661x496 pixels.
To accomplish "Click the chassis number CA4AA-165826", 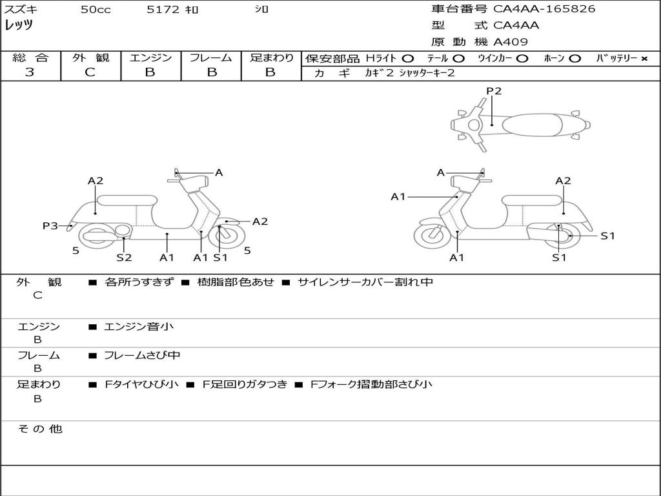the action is (x=544, y=9).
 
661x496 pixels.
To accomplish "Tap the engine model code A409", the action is (x=511, y=42).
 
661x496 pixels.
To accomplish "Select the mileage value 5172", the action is (x=163, y=9).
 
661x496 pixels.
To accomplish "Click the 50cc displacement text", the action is (x=96, y=9).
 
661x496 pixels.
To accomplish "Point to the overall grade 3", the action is (x=30, y=72).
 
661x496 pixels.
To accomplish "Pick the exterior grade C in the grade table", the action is (x=90, y=72).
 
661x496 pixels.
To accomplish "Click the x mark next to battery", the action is (x=644, y=59).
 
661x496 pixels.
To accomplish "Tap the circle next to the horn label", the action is (x=575, y=59).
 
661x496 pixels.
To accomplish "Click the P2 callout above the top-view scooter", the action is (x=494, y=90).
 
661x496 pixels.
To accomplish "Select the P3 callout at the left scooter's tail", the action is (x=50, y=225).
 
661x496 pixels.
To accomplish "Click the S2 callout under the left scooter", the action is (x=124, y=257).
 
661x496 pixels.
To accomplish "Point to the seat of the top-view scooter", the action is (x=532, y=125).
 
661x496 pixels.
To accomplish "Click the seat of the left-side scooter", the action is (x=127, y=200).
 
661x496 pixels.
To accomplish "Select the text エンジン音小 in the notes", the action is (x=139, y=326).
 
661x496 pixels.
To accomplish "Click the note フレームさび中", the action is (x=142, y=355).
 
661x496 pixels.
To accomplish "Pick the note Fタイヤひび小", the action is (x=141, y=384).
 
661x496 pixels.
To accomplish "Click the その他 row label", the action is (x=40, y=429).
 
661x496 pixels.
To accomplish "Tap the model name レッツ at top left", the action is (x=19, y=25).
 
